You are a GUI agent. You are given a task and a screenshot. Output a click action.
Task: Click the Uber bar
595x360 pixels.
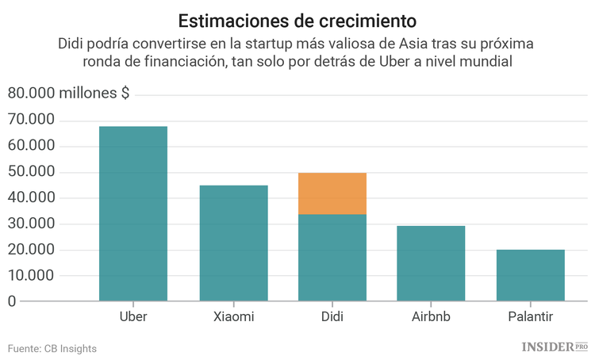132,214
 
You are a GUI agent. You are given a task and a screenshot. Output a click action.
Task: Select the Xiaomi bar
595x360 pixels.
233,243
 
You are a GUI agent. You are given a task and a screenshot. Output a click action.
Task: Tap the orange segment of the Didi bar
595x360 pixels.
332,193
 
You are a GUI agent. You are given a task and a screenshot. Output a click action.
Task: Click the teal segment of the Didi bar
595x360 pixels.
332,258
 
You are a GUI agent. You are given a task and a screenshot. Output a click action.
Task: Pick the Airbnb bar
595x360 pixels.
432,263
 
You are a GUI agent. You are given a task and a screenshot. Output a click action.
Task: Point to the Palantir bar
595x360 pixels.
531,275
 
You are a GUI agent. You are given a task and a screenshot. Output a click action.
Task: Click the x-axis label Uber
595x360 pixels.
132,316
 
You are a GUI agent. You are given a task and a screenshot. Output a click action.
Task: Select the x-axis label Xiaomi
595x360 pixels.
233,316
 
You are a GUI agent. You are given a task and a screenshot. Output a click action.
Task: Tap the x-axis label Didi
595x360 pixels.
332,316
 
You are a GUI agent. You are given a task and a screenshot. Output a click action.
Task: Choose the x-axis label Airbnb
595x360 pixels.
432,316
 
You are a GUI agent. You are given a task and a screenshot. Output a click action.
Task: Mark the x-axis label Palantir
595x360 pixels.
531,316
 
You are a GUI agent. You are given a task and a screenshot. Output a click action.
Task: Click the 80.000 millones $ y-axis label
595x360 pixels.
69,94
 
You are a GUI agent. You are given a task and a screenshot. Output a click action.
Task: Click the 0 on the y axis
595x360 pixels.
12,301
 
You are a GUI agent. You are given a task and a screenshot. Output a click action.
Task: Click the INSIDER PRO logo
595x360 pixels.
555,347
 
